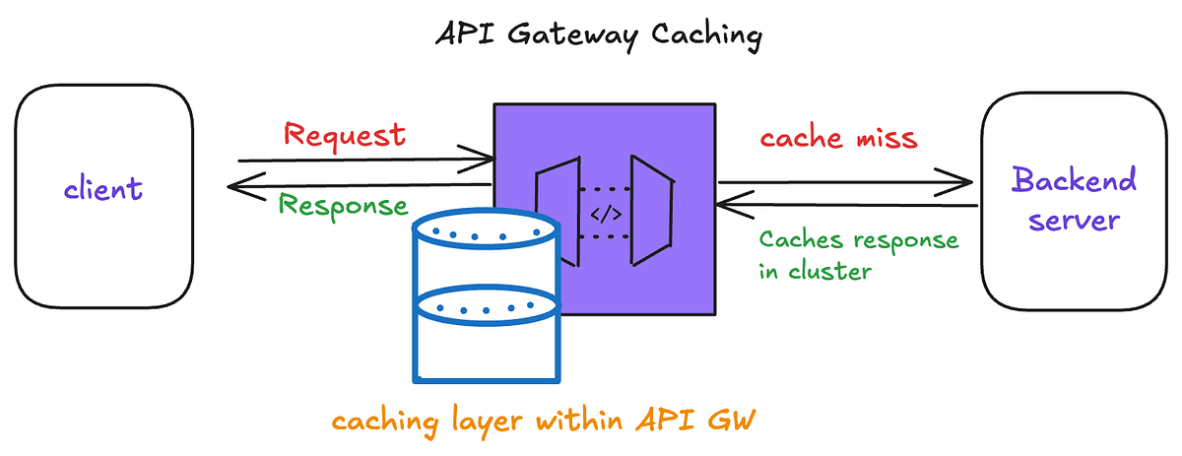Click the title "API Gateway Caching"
pos(599,36)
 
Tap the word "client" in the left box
pos(103,187)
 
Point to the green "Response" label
pos(342,205)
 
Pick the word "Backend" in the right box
pos(1074,181)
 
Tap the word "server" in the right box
pos(1074,219)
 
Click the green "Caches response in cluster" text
pos(857,255)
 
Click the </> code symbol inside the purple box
pos(605,214)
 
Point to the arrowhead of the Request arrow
pos(485,158)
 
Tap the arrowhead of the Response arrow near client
pos(236,185)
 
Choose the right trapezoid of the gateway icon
pos(650,211)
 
